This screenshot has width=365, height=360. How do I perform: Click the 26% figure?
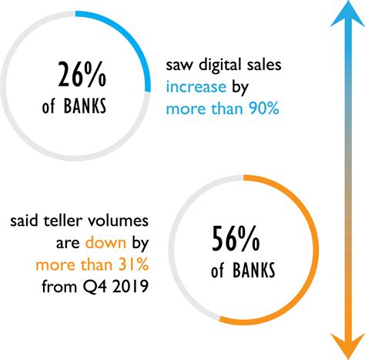(x=82, y=74)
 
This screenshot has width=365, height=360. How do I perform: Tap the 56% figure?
(x=236, y=238)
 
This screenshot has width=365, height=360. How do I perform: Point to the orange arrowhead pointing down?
(x=348, y=345)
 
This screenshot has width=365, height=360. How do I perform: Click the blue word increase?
(x=196, y=87)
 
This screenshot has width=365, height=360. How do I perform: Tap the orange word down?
(x=105, y=243)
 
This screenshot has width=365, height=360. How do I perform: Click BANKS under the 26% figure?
(x=85, y=106)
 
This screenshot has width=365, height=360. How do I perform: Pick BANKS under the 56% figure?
(x=254, y=270)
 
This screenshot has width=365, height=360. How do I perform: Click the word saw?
(x=179, y=66)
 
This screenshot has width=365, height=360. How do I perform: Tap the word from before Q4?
(x=59, y=287)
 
